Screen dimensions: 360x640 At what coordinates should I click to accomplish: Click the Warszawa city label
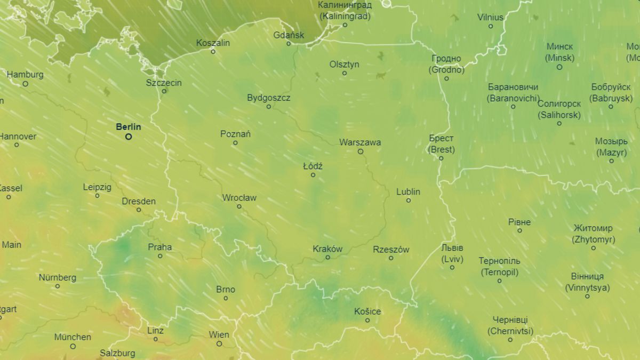[x=360, y=142]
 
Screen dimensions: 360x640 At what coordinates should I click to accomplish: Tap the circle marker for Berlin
[x=129, y=137]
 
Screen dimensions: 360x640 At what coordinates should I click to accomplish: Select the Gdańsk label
[x=288, y=35]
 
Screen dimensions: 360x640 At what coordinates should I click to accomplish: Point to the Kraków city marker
[x=327, y=257]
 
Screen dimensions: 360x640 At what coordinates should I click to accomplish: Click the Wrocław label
[x=239, y=198]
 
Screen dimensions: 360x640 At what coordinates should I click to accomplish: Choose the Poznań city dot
[x=235, y=142]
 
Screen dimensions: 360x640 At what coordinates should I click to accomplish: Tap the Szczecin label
[x=164, y=83]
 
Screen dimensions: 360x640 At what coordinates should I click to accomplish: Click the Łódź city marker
[x=313, y=175]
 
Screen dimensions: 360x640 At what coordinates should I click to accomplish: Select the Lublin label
[x=408, y=191]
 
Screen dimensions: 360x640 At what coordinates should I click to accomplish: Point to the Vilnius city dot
[x=491, y=26]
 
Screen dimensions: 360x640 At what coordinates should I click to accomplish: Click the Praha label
[x=160, y=247]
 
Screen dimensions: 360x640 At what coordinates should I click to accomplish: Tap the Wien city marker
[x=219, y=343]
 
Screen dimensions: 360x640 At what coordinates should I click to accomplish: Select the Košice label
[x=368, y=311]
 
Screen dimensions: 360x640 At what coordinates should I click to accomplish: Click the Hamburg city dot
[x=25, y=84]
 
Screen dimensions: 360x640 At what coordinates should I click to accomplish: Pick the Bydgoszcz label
[x=268, y=98]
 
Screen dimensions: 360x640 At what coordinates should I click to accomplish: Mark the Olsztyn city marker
[x=345, y=73]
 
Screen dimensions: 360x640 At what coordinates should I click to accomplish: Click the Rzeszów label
[x=391, y=249]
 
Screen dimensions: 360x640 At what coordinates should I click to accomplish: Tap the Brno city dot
[x=226, y=298]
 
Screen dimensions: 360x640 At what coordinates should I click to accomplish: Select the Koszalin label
[x=213, y=43]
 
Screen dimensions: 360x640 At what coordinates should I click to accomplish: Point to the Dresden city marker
[x=139, y=210]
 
